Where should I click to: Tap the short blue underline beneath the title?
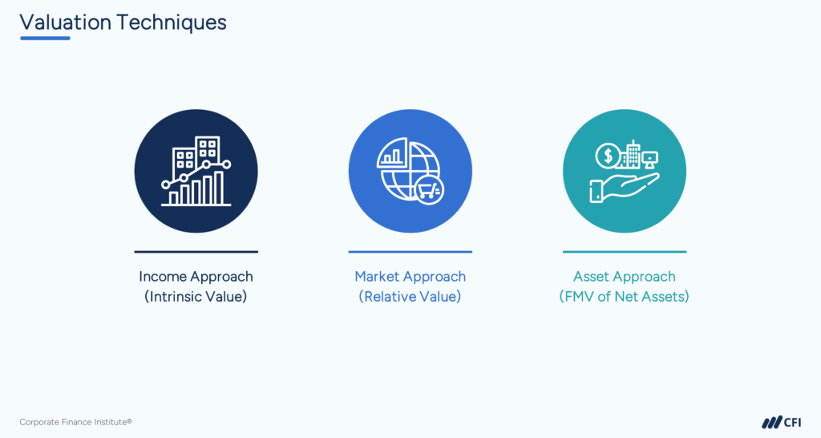(x=45, y=38)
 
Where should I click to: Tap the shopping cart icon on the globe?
(x=429, y=190)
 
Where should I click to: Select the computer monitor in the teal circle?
(x=649, y=159)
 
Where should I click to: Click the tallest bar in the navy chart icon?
(x=218, y=188)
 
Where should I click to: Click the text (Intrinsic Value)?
(x=196, y=297)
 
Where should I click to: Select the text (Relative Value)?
(x=410, y=297)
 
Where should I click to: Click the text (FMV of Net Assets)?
(x=624, y=297)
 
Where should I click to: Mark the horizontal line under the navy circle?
(x=196, y=252)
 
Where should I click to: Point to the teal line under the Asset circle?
(x=624, y=252)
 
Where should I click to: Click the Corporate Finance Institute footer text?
(x=75, y=422)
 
